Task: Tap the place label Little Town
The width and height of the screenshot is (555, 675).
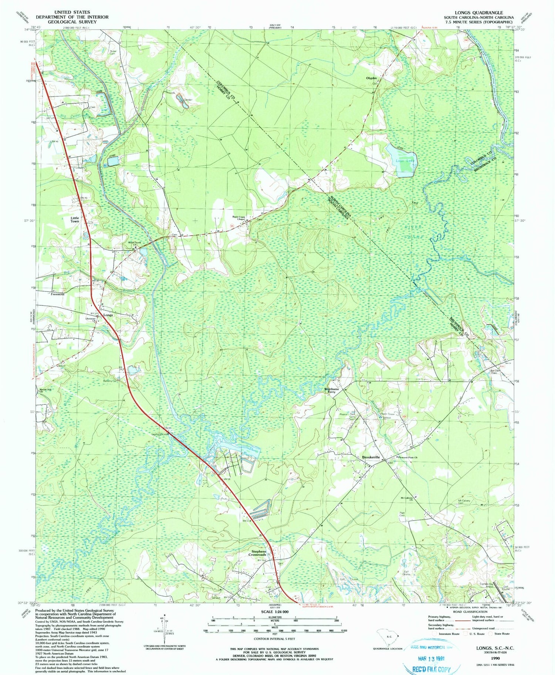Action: (x=75, y=219)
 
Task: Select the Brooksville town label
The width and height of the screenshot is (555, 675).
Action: (x=371, y=458)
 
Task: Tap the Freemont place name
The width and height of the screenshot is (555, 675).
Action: (x=58, y=294)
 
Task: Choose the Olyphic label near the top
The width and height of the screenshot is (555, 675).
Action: (x=371, y=78)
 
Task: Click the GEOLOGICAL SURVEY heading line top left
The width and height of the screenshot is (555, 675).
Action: (x=72, y=22)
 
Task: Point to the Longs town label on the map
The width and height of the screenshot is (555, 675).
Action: (x=108, y=315)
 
